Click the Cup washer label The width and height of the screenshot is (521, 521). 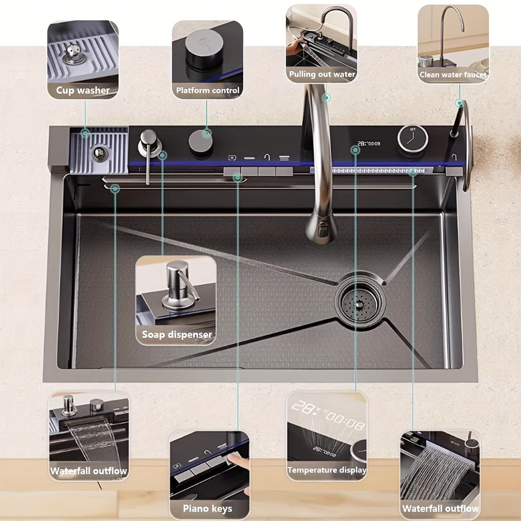tap(83, 91)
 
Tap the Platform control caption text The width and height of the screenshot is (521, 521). tap(207, 91)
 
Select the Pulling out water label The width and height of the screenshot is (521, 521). tap(322, 75)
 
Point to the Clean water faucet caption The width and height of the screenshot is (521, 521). tap(453, 75)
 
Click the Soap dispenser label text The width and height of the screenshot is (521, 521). tap(177, 334)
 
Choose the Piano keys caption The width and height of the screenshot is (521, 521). tap(207, 508)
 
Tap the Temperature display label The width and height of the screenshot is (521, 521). tap(327, 470)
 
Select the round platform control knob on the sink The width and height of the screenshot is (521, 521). tap(201, 141)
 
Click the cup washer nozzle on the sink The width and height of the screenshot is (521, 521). tap(98, 153)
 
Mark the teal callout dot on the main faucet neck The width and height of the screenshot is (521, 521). tap(326, 97)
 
